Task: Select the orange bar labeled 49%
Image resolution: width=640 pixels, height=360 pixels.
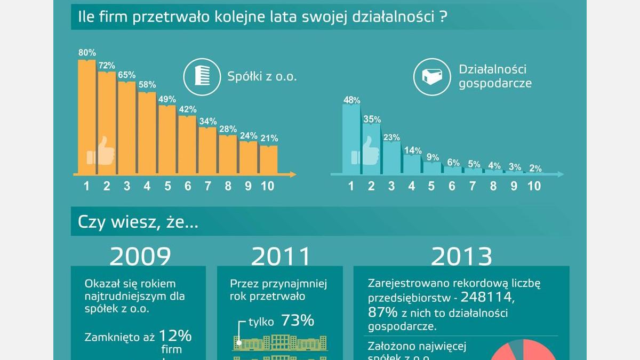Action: [167, 140]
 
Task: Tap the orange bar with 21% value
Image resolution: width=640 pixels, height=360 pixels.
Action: [269, 159]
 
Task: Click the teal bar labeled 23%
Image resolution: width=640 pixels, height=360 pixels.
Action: [391, 158]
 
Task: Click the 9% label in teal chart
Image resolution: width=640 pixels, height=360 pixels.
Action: [433, 157]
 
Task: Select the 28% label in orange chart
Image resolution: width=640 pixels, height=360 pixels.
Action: [228, 129]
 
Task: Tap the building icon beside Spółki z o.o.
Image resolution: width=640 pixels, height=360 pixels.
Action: [202, 76]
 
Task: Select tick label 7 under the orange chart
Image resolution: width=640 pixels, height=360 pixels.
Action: [208, 186]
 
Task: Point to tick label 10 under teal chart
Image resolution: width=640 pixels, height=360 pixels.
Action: [533, 186]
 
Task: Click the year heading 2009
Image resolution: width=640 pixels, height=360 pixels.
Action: [140, 257]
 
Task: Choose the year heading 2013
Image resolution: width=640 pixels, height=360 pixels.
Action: [461, 257]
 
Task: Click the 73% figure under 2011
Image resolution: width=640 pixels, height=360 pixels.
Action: [297, 321]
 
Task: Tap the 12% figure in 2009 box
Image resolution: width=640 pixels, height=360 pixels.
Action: [175, 336]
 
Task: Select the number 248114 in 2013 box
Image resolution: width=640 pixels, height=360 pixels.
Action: [486, 297]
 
